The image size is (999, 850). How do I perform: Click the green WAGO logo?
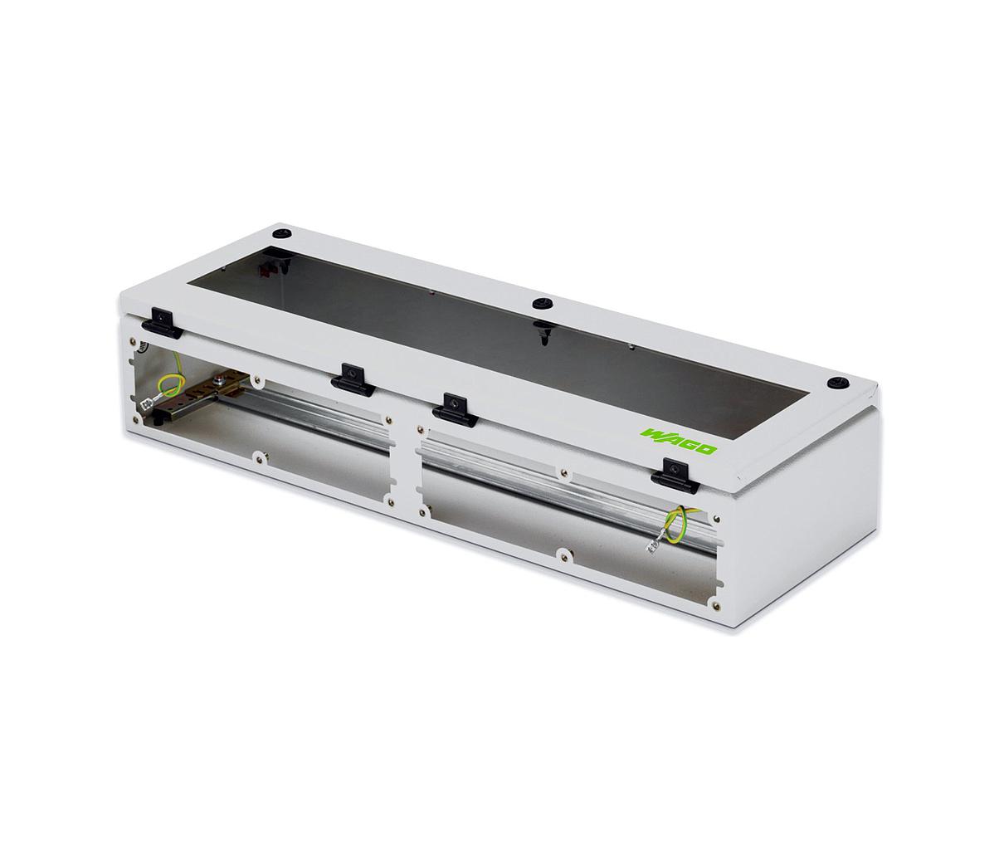678,442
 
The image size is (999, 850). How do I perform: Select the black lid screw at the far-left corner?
283,234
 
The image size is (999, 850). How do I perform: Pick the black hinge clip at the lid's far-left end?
163,322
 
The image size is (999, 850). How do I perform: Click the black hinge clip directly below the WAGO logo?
675,476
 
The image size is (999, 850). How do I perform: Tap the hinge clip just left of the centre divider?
353,379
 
